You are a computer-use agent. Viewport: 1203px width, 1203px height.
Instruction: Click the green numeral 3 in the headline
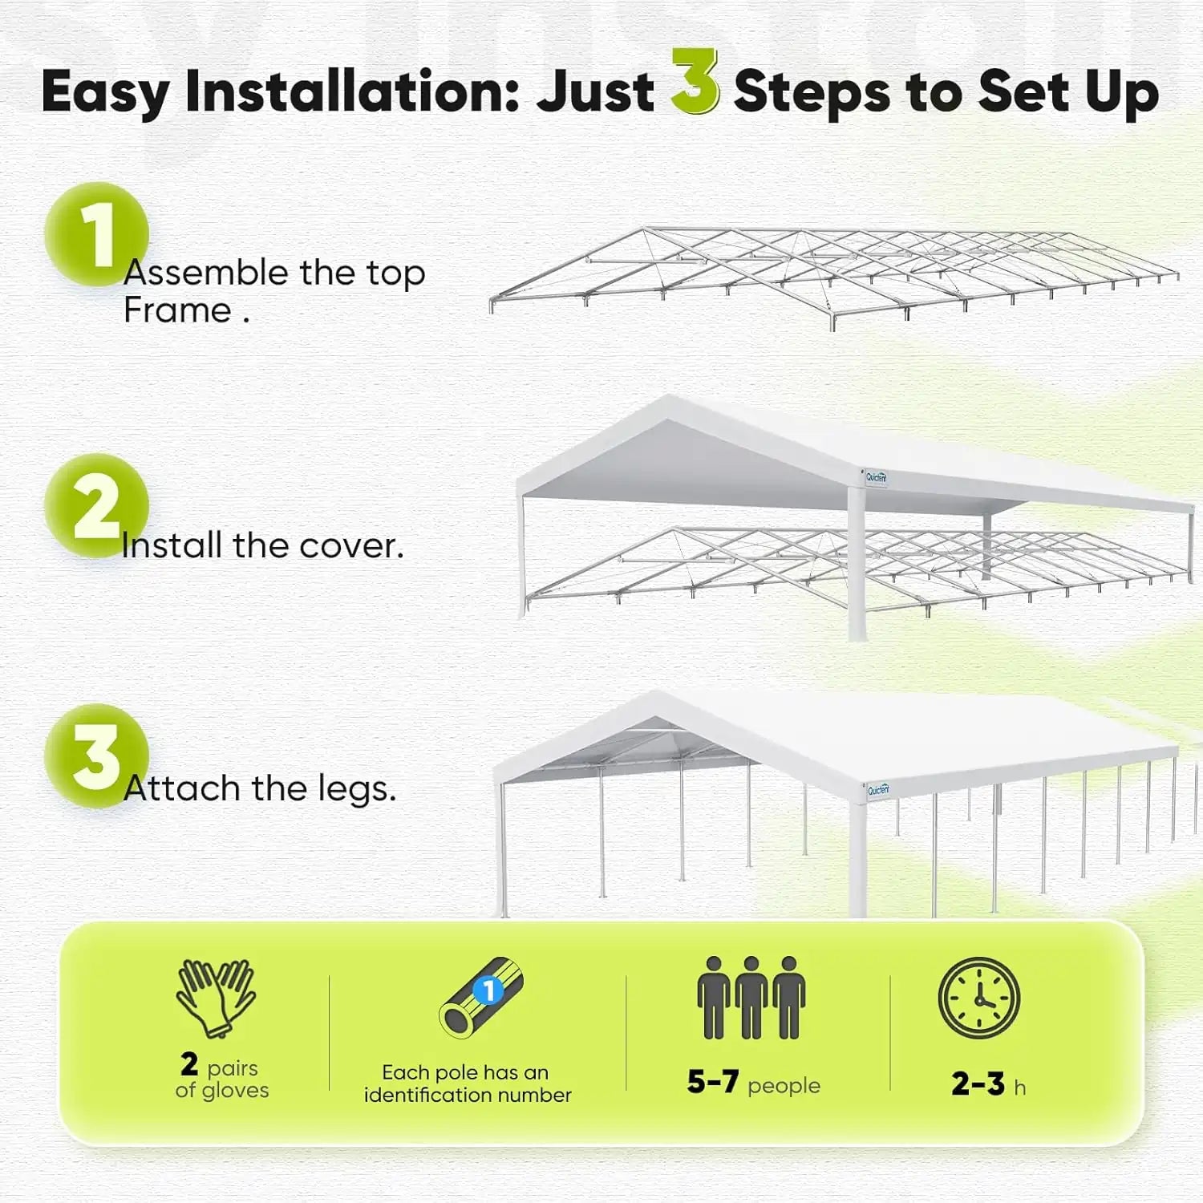(x=694, y=83)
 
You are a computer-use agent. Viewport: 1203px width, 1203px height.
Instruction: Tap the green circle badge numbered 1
(x=96, y=233)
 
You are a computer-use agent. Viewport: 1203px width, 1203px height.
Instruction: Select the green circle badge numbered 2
(x=96, y=505)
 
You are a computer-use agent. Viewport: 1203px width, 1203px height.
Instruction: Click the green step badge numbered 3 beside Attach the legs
(x=96, y=755)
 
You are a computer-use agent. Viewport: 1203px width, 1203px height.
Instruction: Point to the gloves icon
(x=216, y=998)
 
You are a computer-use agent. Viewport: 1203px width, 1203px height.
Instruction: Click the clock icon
(x=978, y=998)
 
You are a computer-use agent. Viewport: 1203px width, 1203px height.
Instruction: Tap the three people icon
(x=751, y=998)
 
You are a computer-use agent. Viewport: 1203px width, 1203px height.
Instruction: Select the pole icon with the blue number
(x=480, y=998)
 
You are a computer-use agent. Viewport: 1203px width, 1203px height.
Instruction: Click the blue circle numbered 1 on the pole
(x=488, y=991)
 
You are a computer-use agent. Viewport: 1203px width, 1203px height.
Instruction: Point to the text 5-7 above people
(x=712, y=1082)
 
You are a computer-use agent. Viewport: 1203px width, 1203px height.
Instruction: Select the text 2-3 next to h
(x=978, y=1084)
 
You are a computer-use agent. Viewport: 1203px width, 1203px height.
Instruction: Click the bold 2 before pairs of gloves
(x=189, y=1065)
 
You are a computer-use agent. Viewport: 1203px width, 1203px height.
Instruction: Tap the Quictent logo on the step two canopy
(x=876, y=477)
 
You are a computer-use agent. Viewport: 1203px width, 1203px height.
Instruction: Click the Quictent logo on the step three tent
(x=878, y=790)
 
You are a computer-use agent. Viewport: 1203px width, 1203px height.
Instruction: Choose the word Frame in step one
(x=177, y=311)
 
